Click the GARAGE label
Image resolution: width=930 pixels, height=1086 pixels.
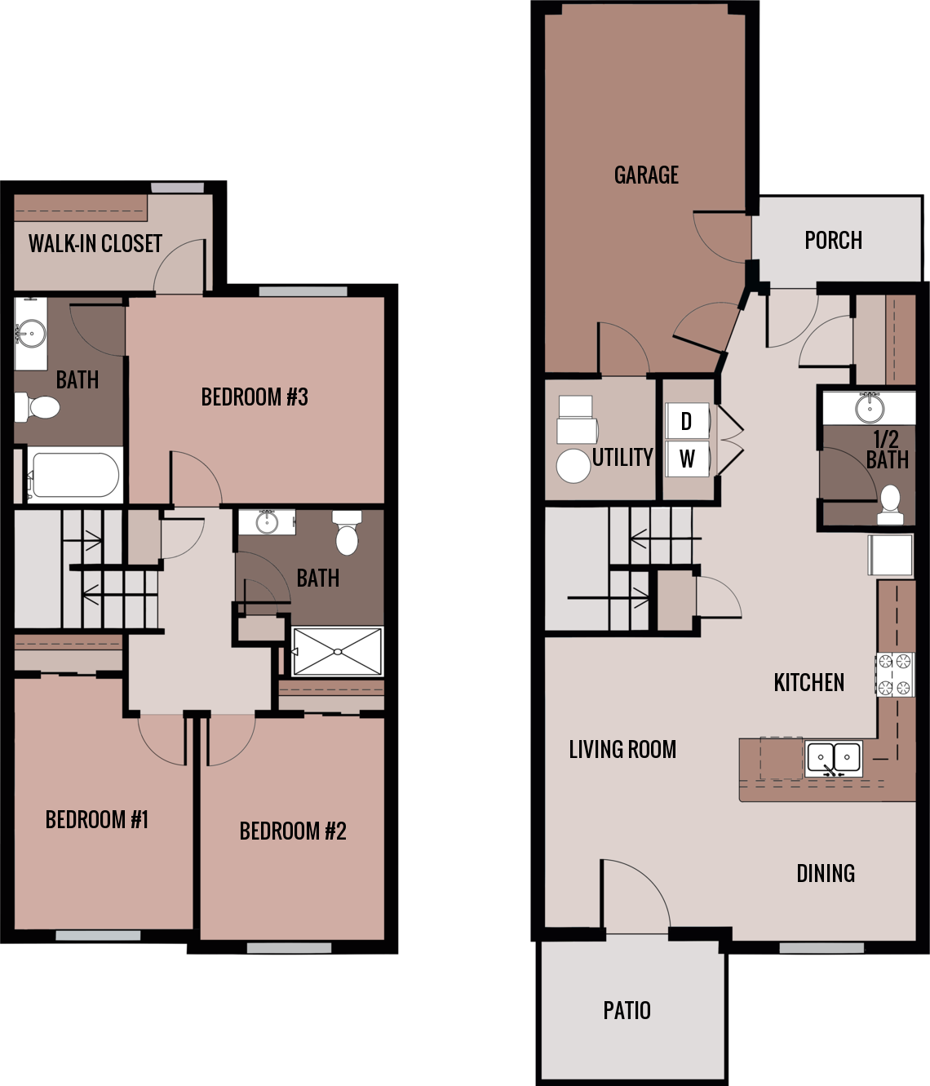(646, 175)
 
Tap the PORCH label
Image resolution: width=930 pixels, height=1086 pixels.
(833, 240)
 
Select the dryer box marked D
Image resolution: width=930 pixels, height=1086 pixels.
(686, 421)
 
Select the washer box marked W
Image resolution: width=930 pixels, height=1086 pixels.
(687, 459)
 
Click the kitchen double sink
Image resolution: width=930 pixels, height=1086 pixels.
(834, 758)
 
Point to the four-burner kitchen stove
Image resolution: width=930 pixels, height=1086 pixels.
(895, 675)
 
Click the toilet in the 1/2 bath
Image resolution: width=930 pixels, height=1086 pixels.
(890, 503)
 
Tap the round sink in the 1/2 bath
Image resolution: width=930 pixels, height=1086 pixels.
(870, 407)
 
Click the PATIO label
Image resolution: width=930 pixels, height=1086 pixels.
(627, 1010)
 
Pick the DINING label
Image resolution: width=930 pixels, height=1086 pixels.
(826, 873)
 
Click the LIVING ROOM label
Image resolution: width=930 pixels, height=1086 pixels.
(622, 749)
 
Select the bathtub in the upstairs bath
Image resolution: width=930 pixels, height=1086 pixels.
(74, 474)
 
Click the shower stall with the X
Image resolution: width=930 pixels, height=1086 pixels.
(337, 651)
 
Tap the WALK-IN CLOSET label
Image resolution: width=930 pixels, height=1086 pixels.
(95, 243)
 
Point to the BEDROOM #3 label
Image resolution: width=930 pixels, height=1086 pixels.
(255, 397)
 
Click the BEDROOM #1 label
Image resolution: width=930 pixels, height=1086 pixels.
(97, 819)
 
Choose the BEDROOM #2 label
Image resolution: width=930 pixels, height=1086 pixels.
(293, 831)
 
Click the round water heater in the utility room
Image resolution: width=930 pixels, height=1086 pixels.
(573, 466)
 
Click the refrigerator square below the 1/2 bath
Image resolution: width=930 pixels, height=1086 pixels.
(890, 556)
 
